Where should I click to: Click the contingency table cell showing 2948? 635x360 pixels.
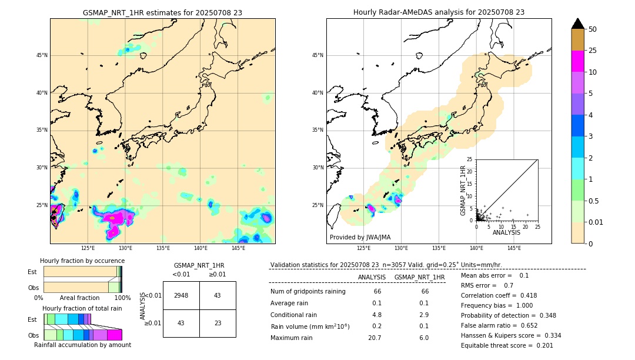click(x=181, y=295)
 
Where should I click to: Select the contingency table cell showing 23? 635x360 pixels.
click(x=217, y=323)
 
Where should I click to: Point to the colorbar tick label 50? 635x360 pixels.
click(x=593, y=29)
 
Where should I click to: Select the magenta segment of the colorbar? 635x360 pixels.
click(x=578, y=61)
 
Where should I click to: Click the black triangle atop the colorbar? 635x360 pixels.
click(x=578, y=24)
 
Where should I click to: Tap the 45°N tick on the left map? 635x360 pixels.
click(x=42, y=55)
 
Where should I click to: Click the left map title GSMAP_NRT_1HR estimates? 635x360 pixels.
click(x=162, y=12)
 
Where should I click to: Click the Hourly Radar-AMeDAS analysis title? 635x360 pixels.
click(x=439, y=12)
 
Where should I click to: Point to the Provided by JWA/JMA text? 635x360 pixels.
click(x=360, y=238)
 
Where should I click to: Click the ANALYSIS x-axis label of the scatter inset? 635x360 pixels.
click(x=506, y=232)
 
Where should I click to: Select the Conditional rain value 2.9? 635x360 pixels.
click(x=423, y=315)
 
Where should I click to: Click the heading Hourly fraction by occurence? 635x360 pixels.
click(x=82, y=261)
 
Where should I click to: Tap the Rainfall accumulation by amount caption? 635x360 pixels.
click(x=82, y=345)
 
